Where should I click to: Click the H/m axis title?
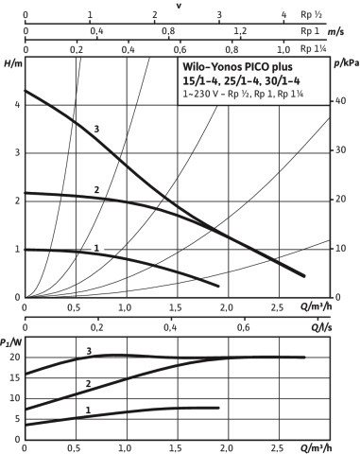(x=13, y=63)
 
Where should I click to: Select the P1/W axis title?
(x=11, y=342)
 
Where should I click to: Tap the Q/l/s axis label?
(x=321, y=327)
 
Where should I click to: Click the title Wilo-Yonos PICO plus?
(x=238, y=67)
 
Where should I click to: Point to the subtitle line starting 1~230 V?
(x=243, y=94)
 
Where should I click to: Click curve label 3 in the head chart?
(x=96, y=129)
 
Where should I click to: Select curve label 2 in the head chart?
(x=96, y=189)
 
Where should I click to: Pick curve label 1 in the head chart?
(x=96, y=248)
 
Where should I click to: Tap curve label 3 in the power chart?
(x=89, y=351)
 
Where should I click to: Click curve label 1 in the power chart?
(x=88, y=410)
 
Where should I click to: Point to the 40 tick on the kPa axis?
(x=340, y=101)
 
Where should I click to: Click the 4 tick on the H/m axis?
(x=18, y=104)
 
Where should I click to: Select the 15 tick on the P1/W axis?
(x=14, y=377)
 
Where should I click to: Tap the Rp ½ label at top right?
(x=311, y=14)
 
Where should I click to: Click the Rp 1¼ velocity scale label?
(x=314, y=48)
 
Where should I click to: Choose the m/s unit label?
(x=335, y=32)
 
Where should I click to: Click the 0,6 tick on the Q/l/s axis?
(x=244, y=327)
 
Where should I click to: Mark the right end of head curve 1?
(x=218, y=286)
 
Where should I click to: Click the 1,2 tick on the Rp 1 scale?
(x=240, y=31)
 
